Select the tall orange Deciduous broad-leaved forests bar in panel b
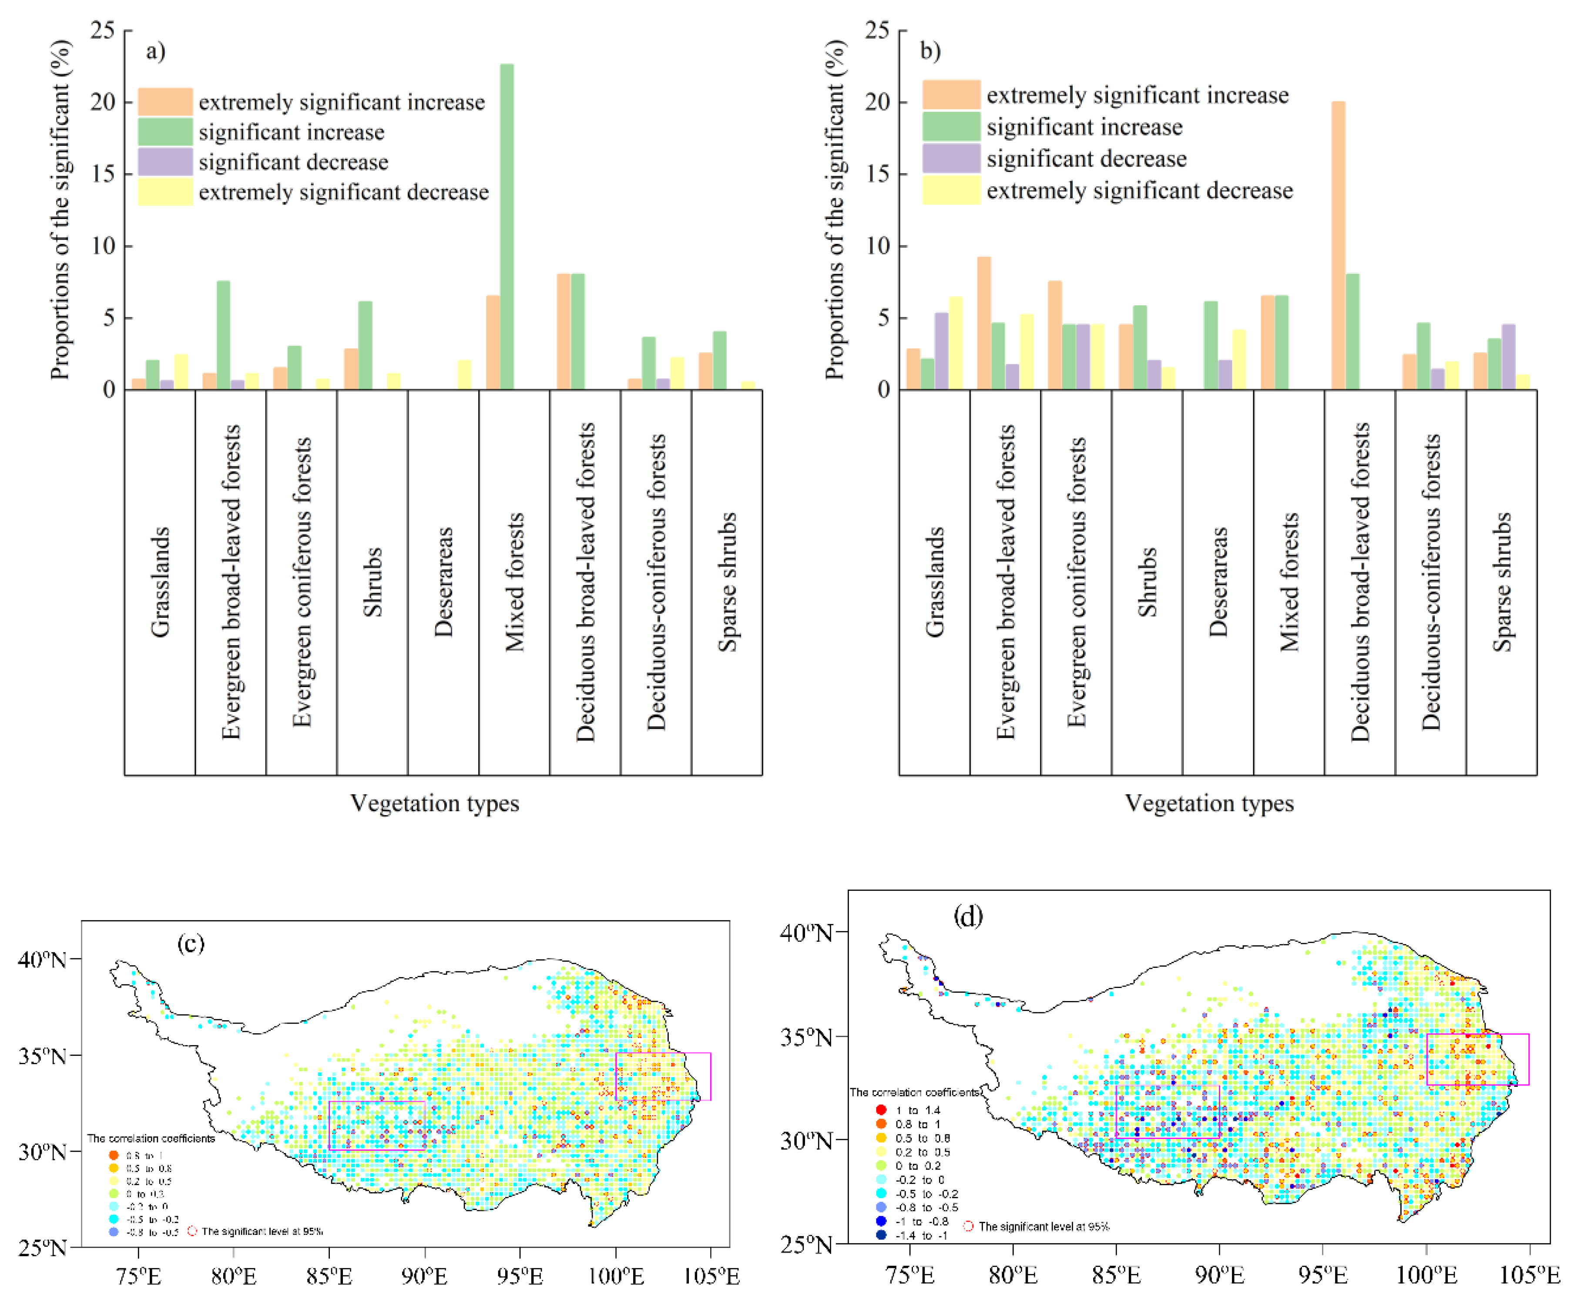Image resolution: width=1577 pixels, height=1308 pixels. pos(1338,245)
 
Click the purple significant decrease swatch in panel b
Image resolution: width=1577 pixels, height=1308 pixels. pos(951,158)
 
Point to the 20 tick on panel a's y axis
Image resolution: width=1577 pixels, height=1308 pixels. pos(103,102)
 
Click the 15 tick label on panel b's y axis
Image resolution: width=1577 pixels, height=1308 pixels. pos(877,174)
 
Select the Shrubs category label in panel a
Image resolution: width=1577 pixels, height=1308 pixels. pos(372,582)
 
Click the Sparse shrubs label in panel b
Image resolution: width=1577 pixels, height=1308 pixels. pos(1502,582)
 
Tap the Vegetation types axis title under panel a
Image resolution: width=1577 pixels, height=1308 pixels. pos(435,803)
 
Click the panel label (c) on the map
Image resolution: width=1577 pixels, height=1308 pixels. pos(191,943)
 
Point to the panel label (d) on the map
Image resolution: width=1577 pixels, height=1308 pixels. pos(968,917)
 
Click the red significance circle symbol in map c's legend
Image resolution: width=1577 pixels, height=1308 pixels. pos(192,1230)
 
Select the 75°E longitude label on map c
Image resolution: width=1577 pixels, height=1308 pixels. pos(138,1276)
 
